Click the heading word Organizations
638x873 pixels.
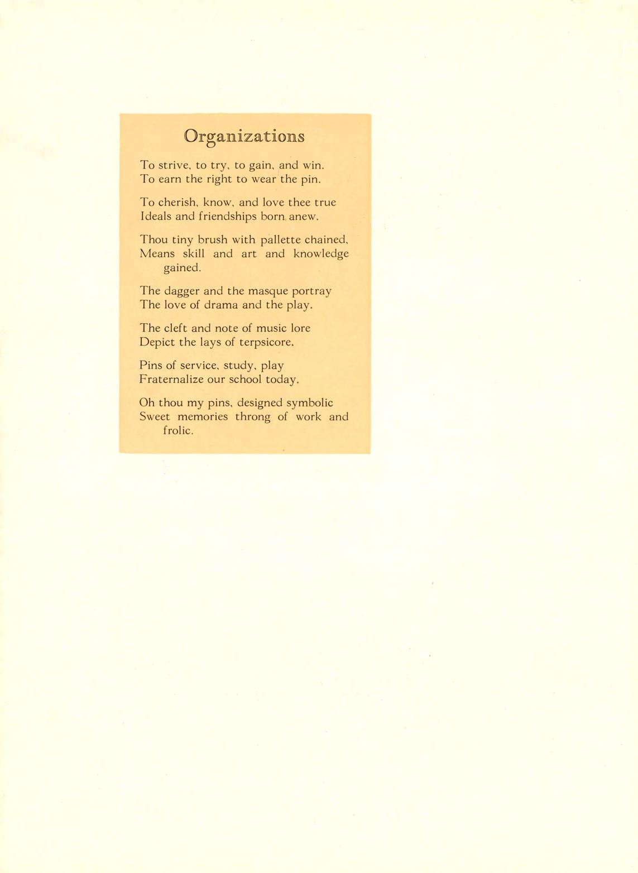point(244,137)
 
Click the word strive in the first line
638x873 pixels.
point(175,165)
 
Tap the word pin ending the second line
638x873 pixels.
point(310,180)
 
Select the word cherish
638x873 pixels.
point(176,202)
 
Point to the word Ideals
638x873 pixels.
point(156,216)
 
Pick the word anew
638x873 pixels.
point(303,216)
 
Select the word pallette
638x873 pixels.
point(281,240)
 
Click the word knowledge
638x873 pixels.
point(321,254)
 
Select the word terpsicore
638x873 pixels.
point(266,342)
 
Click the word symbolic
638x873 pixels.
point(309,403)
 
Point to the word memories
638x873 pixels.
point(203,417)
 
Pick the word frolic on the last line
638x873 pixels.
point(178,431)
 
